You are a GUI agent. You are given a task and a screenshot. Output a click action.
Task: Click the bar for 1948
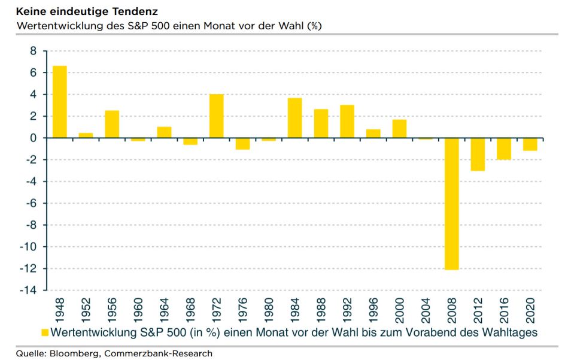pyautogui.click(x=60, y=102)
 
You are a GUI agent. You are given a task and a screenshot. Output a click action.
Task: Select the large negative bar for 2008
pyautogui.click(x=451, y=204)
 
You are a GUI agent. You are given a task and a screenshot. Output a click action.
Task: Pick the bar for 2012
pyautogui.click(x=478, y=154)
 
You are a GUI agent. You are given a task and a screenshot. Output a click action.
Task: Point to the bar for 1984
pyautogui.click(x=295, y=118)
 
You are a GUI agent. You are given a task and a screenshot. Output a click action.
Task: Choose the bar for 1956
pyautogui.click(x=112, y=124)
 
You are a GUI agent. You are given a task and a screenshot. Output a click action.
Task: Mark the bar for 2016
pyautogui.click(x=504, y=149)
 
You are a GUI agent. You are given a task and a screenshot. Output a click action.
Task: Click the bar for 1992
pyautogui.click(x=347, y=122)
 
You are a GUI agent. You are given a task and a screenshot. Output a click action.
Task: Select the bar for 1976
pyautogui.click(x=242, y=143)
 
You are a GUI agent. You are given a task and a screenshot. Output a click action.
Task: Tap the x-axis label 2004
pyautogui.click(x=426, y=309)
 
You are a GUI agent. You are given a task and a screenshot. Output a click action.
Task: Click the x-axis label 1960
pyautogui.click(x=138, y=309)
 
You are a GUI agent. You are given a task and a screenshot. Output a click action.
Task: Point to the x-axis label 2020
pyautogui.click(x=530, y=309)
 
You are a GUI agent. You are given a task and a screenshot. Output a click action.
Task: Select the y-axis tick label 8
pyautogui.click(x=33, y=52)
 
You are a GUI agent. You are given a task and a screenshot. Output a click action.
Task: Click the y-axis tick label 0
pyautogui.click(x=33, y=138)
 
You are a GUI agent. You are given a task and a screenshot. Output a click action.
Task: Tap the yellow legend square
pyautogui.click(x=45, y=332)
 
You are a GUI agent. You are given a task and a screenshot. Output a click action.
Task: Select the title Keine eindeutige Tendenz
pyautogui.click(x=71, y=11)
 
